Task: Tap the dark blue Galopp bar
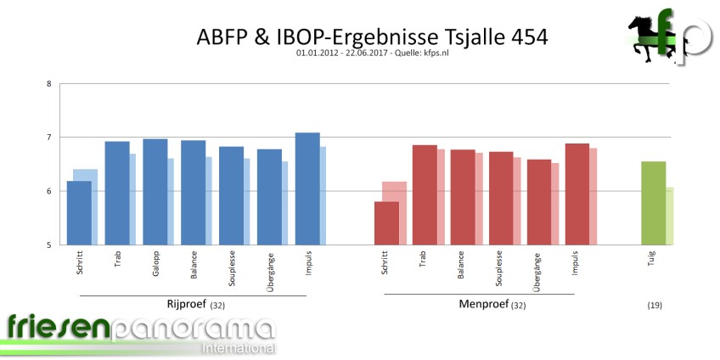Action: pos(155,192)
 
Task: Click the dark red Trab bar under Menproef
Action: pos(425,194)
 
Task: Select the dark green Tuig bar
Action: pos(653,203)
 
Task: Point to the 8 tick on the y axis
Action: pos(48,84)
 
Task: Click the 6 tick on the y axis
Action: pos(48,192)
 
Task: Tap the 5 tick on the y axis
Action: pos(48,245)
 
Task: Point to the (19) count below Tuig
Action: pos(654,305)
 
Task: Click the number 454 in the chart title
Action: pos(524,37)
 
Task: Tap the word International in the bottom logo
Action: pos(238,348)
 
